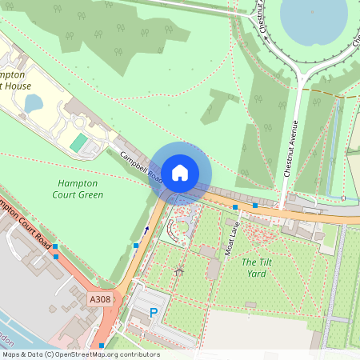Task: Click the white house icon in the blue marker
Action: (x=179, y=172)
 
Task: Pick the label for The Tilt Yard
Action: (x=254, y=267)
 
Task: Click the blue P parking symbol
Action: (x=153, y=313)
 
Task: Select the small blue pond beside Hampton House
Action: (x=33, y=103)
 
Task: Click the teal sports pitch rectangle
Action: (x=78, y=144)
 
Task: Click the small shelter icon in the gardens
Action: (x=179, y=270)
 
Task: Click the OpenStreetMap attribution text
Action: (x=80, y=354)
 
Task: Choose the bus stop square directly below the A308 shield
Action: (x=102, y=346)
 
